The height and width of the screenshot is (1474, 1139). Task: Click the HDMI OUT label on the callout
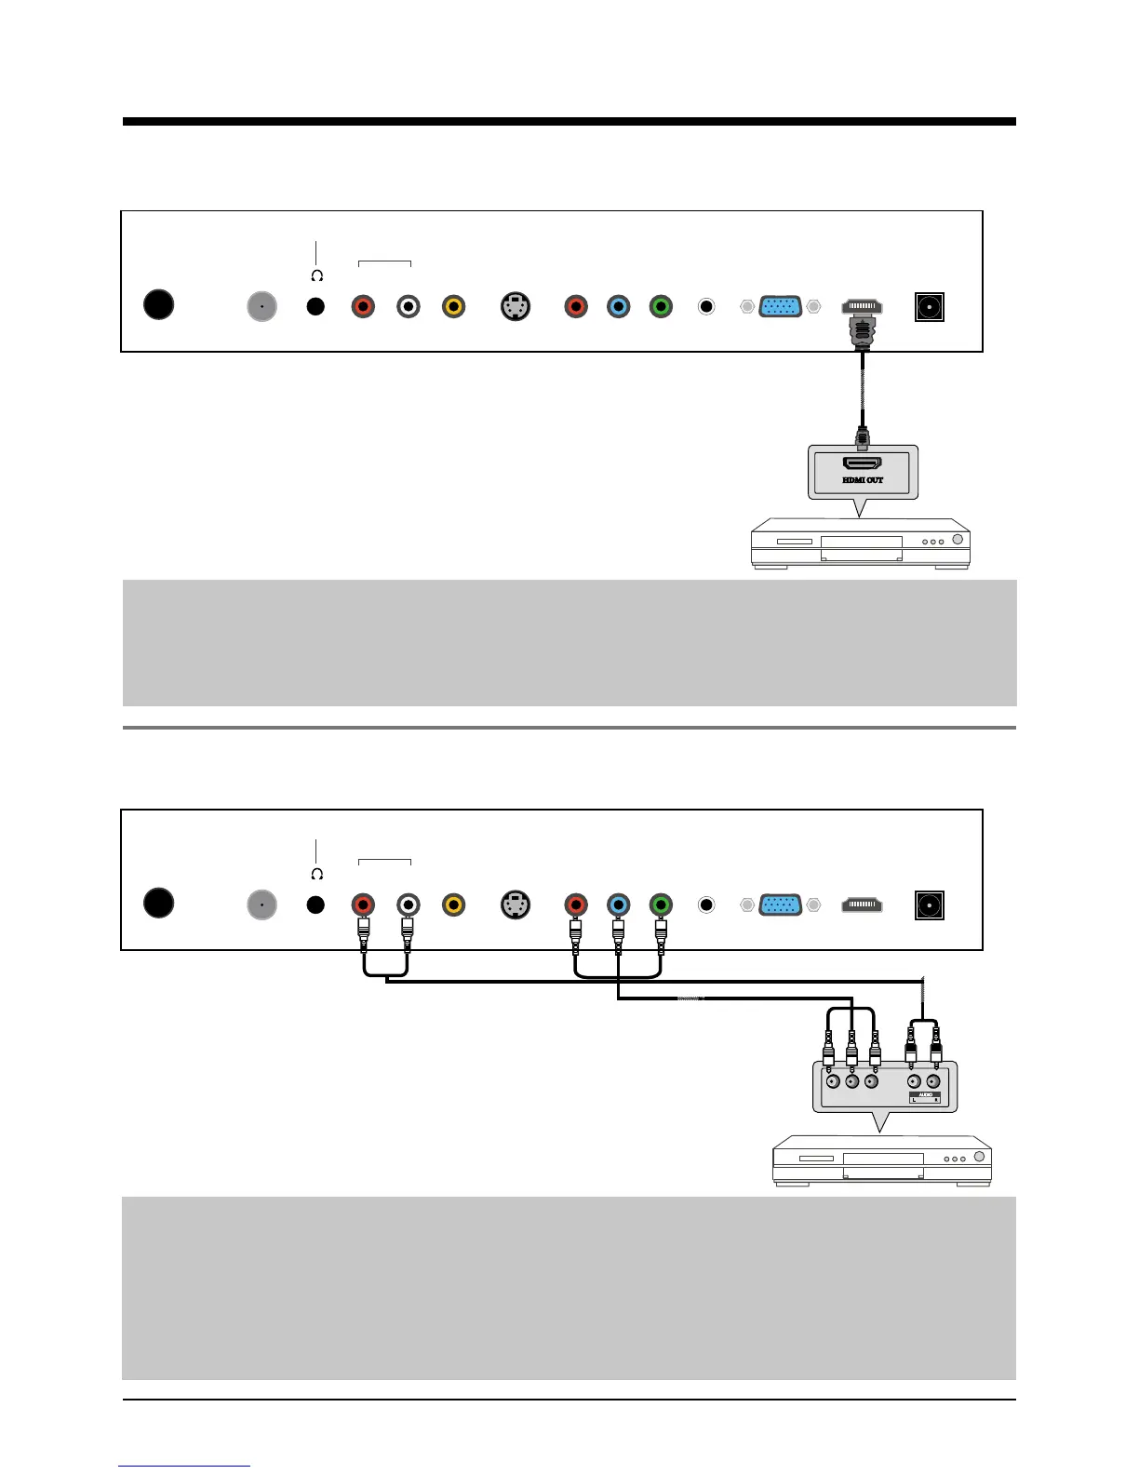(x=862, y=480)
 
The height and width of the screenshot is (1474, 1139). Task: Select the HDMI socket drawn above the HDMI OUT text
(x=862, y=462)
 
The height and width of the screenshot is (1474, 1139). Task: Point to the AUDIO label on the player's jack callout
(x=925, y=1095)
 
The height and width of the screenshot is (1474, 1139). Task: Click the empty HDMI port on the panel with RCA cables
(x=862, y=904)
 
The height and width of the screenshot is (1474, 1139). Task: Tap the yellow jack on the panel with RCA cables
(x=453, y=904)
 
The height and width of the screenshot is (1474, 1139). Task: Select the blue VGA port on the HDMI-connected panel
(x=781, y=306)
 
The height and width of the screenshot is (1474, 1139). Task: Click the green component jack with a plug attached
(x=661, y=904)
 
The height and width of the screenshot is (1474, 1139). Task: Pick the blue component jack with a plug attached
(x=618, y=904)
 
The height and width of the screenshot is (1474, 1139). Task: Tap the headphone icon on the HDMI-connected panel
(x=316, y=276)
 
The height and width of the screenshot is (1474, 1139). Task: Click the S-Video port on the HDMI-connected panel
(x=516, y=306)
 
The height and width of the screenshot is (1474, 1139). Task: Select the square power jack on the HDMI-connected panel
(x=929, y=306)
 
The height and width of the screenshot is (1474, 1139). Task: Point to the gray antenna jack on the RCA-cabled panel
(x=262, y=904)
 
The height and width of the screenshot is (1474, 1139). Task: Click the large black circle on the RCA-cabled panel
(x=159, y=903)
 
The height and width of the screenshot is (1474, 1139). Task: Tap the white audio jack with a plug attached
(x=408, y=904)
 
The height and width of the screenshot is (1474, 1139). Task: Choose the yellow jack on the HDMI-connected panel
(x=453, y=306)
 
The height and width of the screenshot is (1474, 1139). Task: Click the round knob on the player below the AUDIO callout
(x=979, y=1157)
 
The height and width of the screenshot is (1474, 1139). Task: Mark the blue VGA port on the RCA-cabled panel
(x=781, y=904)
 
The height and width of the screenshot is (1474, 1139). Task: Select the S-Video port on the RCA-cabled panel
(x=516, y=904)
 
